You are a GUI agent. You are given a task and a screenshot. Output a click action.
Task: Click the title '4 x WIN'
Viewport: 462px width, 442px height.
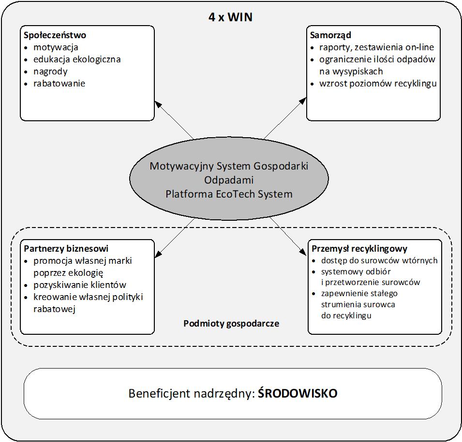230,17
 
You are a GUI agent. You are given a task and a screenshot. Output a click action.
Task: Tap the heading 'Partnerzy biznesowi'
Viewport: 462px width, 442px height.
66,249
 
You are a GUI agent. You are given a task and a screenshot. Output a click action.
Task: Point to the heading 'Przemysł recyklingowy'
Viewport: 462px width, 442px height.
359,249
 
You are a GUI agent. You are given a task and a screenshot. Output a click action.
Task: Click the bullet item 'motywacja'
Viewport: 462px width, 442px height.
56,47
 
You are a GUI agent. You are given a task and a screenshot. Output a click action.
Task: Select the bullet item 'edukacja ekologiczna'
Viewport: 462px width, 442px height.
77,59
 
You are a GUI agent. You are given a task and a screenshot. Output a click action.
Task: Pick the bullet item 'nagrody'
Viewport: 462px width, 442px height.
50,71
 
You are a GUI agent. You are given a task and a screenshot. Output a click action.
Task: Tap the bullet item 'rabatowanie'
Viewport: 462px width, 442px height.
59,84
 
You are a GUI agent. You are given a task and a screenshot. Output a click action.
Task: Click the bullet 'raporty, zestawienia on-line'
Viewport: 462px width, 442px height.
376,47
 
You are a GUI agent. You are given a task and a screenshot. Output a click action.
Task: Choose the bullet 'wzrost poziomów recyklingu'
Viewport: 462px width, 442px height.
378,84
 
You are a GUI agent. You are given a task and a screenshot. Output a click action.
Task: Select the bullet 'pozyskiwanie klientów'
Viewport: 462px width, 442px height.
80,285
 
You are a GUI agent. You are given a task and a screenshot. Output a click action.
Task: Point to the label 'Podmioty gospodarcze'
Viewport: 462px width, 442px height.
231,324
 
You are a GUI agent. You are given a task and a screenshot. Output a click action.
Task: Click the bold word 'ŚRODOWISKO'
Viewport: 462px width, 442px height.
297,394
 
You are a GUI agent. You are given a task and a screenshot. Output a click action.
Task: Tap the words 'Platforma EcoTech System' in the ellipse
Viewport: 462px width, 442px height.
229,194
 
